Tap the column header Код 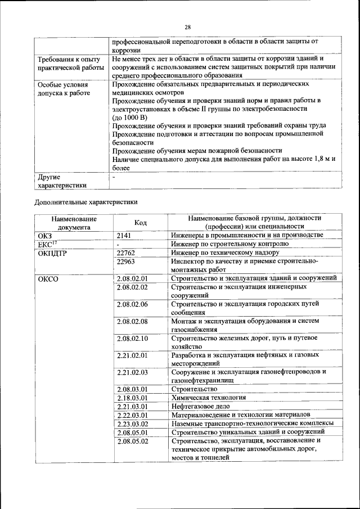tap(141, 223)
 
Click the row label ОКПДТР tap(51, 253)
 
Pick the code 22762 tap(127, 253)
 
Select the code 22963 tap(127, 262)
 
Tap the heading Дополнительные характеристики tap(85, 201)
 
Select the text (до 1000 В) tap(129, 118)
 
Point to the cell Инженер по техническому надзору tap(225, 253)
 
